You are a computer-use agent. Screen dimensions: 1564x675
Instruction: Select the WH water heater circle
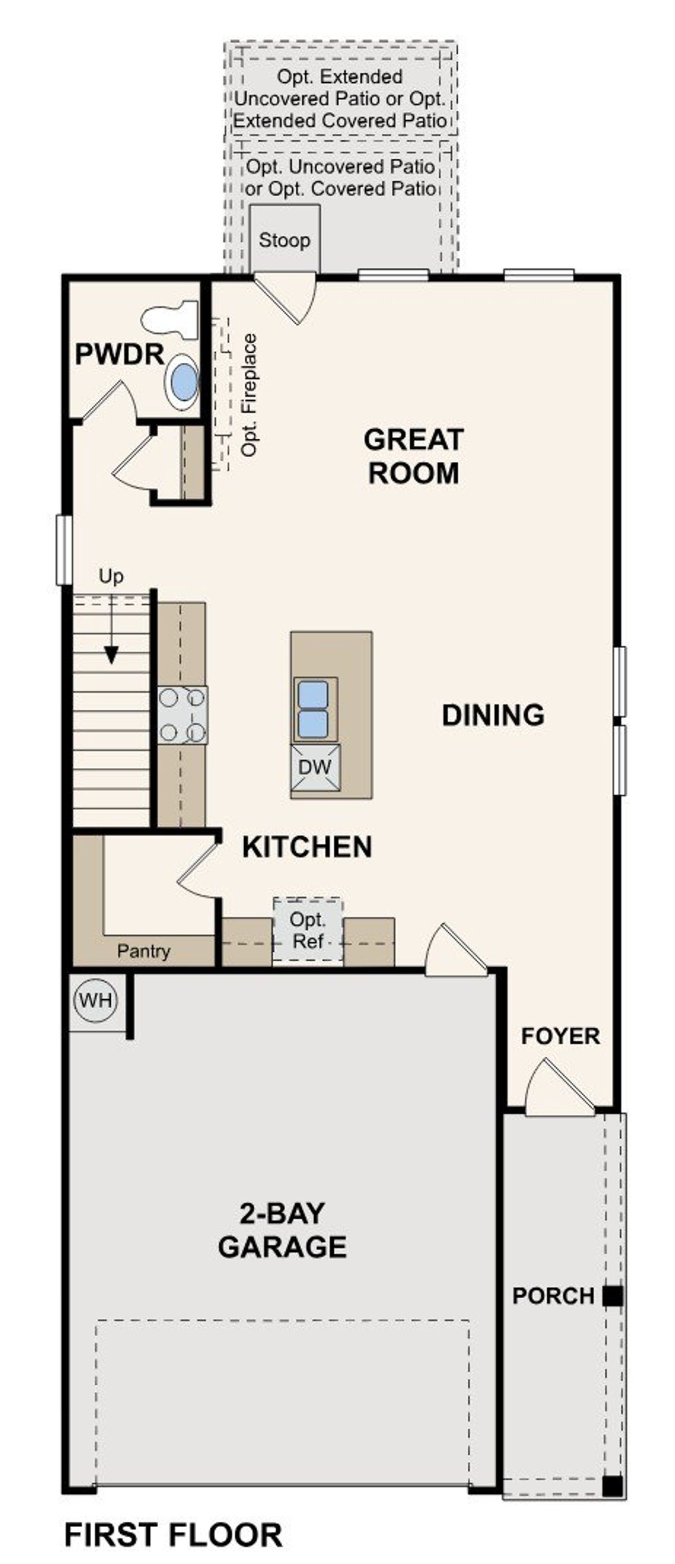95,1000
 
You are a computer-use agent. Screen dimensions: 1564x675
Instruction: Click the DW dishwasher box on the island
314,767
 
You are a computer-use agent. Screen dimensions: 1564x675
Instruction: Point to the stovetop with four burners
182,715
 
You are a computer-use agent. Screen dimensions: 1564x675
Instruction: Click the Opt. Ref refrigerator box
308,930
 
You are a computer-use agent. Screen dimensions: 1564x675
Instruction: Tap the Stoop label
284,240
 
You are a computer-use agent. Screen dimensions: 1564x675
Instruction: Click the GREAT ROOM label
413,456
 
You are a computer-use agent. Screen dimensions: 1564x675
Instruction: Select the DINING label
493,715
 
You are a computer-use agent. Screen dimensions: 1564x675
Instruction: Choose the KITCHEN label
306,847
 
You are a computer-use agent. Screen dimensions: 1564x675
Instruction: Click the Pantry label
143,951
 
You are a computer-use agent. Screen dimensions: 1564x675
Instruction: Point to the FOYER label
560,1036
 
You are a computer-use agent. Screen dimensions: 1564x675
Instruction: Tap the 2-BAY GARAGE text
282,1230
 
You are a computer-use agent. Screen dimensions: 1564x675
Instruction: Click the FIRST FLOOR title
173,1534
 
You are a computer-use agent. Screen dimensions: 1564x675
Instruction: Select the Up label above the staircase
111,576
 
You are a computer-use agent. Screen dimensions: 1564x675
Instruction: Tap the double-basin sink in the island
313,709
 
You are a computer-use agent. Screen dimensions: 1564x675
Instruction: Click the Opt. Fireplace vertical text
249,394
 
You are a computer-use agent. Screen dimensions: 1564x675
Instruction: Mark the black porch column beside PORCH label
612,1296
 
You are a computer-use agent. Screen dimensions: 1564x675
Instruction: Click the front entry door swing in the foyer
558,1090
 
